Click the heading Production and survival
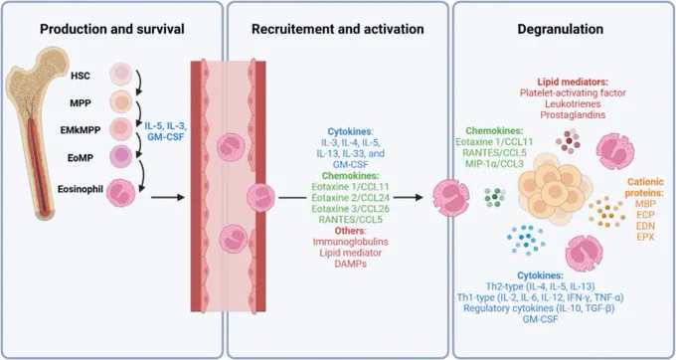(x=112, y=29)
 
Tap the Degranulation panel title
(x=560, y=29)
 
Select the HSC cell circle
(x=120, y=74)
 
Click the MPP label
(x=81, y=103)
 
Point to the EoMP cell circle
(x=120, y=156)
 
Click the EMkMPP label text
(x=81, y=129)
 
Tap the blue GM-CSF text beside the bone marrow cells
(x=166, y=136)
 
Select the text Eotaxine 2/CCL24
(x=351, y=198)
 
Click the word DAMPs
(x=351, y=264)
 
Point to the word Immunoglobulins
(x=351, y=242)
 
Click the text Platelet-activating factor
(x=573, y=92)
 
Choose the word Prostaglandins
(x=573, y=114)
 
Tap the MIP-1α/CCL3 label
(x=494, y=163)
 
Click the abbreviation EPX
(x=645, y=237)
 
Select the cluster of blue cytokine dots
(x=526, y=240)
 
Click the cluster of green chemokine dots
(x=494, y=197)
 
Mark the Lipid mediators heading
(x=573, y=82)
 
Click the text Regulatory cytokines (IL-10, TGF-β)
(x=539, y=308)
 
